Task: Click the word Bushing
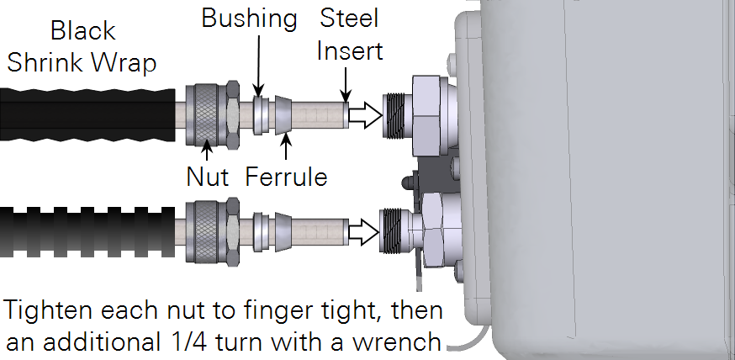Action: coord(251,19)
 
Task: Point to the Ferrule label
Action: coord(286,177)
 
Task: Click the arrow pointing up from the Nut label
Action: coord(207,150)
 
